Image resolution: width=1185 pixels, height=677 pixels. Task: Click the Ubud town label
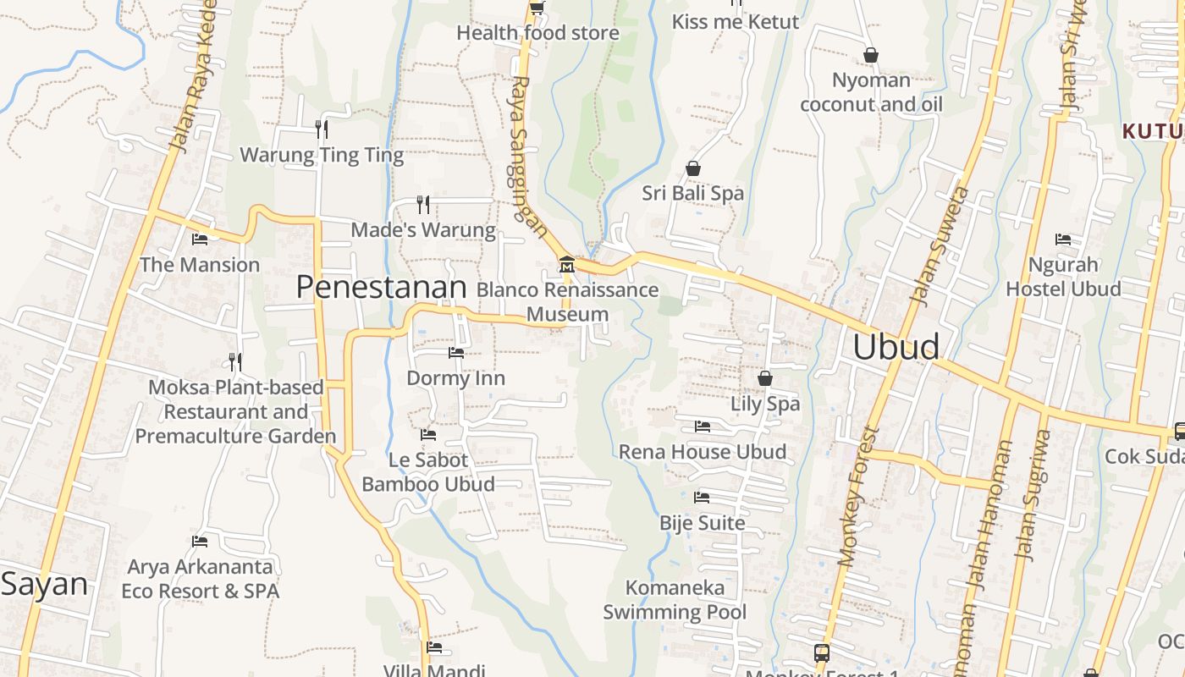pyautogui.click(x=896, y=347)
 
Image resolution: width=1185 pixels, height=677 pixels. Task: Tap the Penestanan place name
pyautogui.click(x=381, y=288)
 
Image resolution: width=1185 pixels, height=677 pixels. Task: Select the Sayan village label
pyautogui.click(x=44, y=584)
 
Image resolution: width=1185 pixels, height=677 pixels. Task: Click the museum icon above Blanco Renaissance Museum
pyautogui.click(x=566, y=265)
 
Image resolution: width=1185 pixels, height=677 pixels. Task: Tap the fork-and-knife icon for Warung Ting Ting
pyautogui.click(x=322, y=129)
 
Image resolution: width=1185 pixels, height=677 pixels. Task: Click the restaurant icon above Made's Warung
pyautogui.click(x=423, y=204)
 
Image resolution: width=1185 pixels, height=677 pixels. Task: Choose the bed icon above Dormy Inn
pyautogui.click(x=456, y=352)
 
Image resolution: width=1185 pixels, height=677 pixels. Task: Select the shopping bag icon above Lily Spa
pyautogui.click(x=765, y=378)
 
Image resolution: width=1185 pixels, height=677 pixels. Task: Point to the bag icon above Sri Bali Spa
pyautogui.click(x=693, y=168)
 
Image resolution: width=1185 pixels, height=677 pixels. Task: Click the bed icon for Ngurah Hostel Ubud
pyautogui.click(x=1063, y=239)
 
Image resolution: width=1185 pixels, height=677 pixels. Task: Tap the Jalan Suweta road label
pyautogui.click(x=938, y=245)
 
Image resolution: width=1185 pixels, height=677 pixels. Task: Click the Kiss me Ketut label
pyautogui.click(x=735, y=22)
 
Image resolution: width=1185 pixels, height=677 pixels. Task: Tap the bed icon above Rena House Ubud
pyautogui.click(x=703, y=427)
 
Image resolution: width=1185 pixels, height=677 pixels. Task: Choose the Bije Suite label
pyautogui.click(x=703, y=523)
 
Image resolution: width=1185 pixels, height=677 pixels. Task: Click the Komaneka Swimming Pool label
pyautogui.click(x=675, y=599)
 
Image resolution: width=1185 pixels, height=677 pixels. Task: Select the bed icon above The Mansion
pyautogui.click(x=200, y=239)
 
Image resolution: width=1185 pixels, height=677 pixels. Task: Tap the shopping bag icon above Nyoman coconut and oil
pyautogui.click(x=871, y=56)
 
